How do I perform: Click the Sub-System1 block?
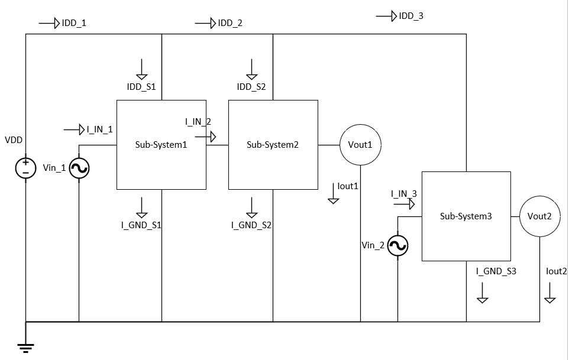[x=161, y=145]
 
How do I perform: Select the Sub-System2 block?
[x=273, y=145]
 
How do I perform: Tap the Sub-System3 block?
[x=465, y=216]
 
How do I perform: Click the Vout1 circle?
[x=360, y=145]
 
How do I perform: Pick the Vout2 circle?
[x=540, y=216]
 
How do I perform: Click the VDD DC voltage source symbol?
[x=26, y=168]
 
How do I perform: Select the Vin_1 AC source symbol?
[x=79, y=169]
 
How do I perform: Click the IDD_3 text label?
[x=411, y=17]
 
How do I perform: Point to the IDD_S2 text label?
[x=251, y=87]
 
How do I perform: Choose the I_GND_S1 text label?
[x=141, y=225]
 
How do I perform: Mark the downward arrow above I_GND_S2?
[x=252, y=206]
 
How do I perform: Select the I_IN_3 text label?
[x=404, y=193]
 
